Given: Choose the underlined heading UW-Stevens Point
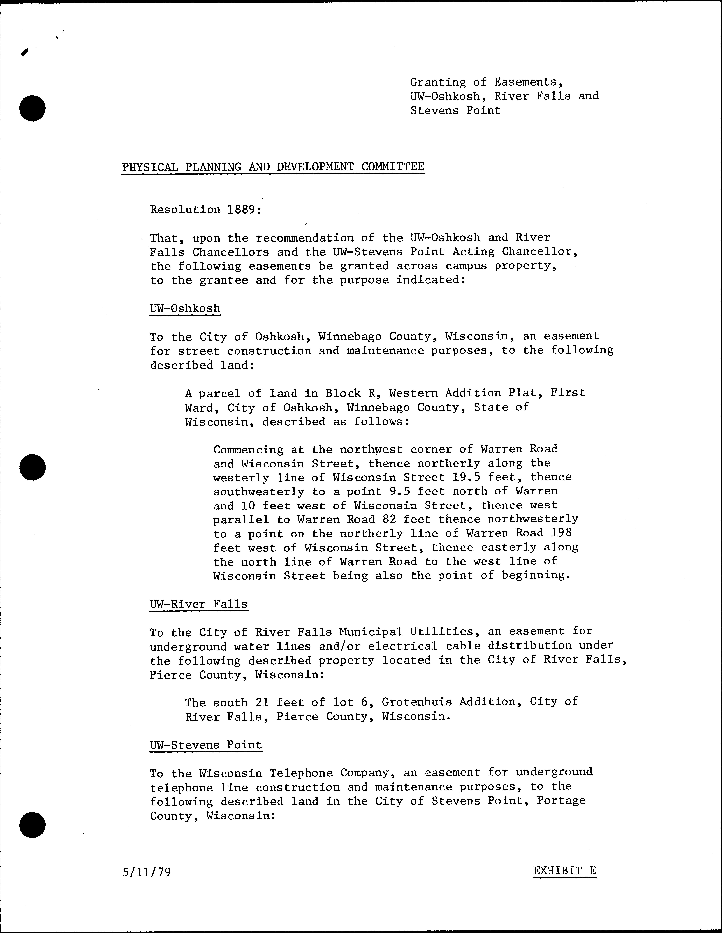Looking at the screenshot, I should pos(206,745).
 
